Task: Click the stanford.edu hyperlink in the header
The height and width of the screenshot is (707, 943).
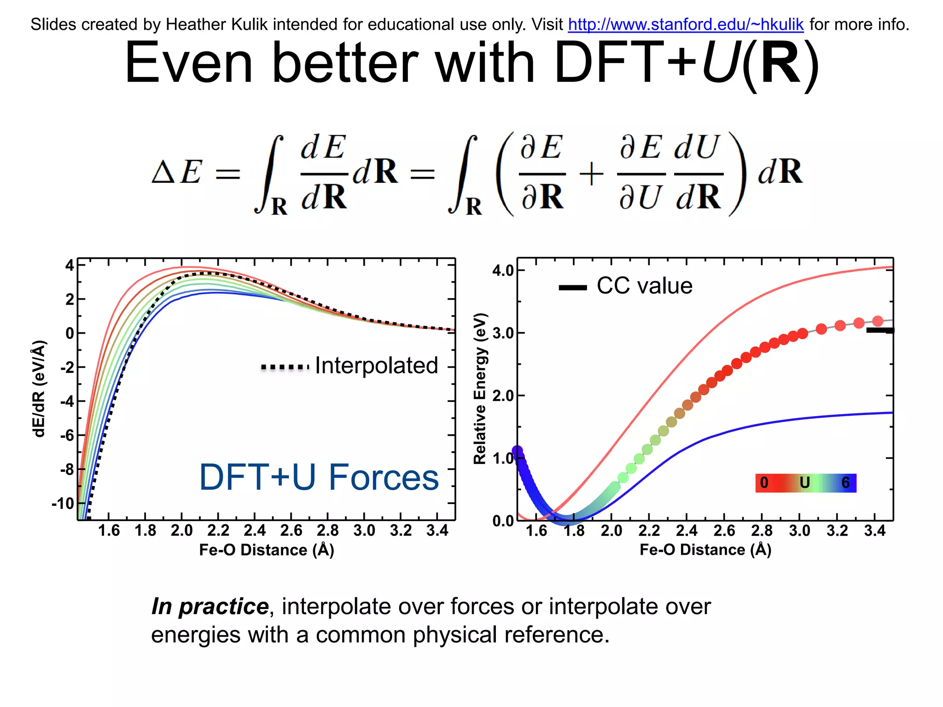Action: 686,24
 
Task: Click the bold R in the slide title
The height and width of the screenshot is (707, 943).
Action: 781,64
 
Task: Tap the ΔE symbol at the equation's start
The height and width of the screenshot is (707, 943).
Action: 177,173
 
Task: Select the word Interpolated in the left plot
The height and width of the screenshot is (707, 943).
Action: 376,366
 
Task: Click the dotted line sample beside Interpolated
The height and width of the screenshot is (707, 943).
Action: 285,367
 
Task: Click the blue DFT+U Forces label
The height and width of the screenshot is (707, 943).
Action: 319,477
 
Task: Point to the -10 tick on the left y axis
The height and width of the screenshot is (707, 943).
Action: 63,503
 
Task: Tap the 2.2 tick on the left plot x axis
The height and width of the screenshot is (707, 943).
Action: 218,531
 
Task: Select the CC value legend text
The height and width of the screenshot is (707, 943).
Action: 644,286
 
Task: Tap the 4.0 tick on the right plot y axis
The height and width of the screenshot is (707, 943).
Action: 503,270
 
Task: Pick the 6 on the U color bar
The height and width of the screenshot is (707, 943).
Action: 845,483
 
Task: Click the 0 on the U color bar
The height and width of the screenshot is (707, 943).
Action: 764,483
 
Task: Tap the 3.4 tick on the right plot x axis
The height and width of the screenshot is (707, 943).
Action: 874,531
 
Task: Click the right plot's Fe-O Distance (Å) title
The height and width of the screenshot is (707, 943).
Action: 705,550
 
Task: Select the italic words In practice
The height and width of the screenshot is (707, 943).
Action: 210,607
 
